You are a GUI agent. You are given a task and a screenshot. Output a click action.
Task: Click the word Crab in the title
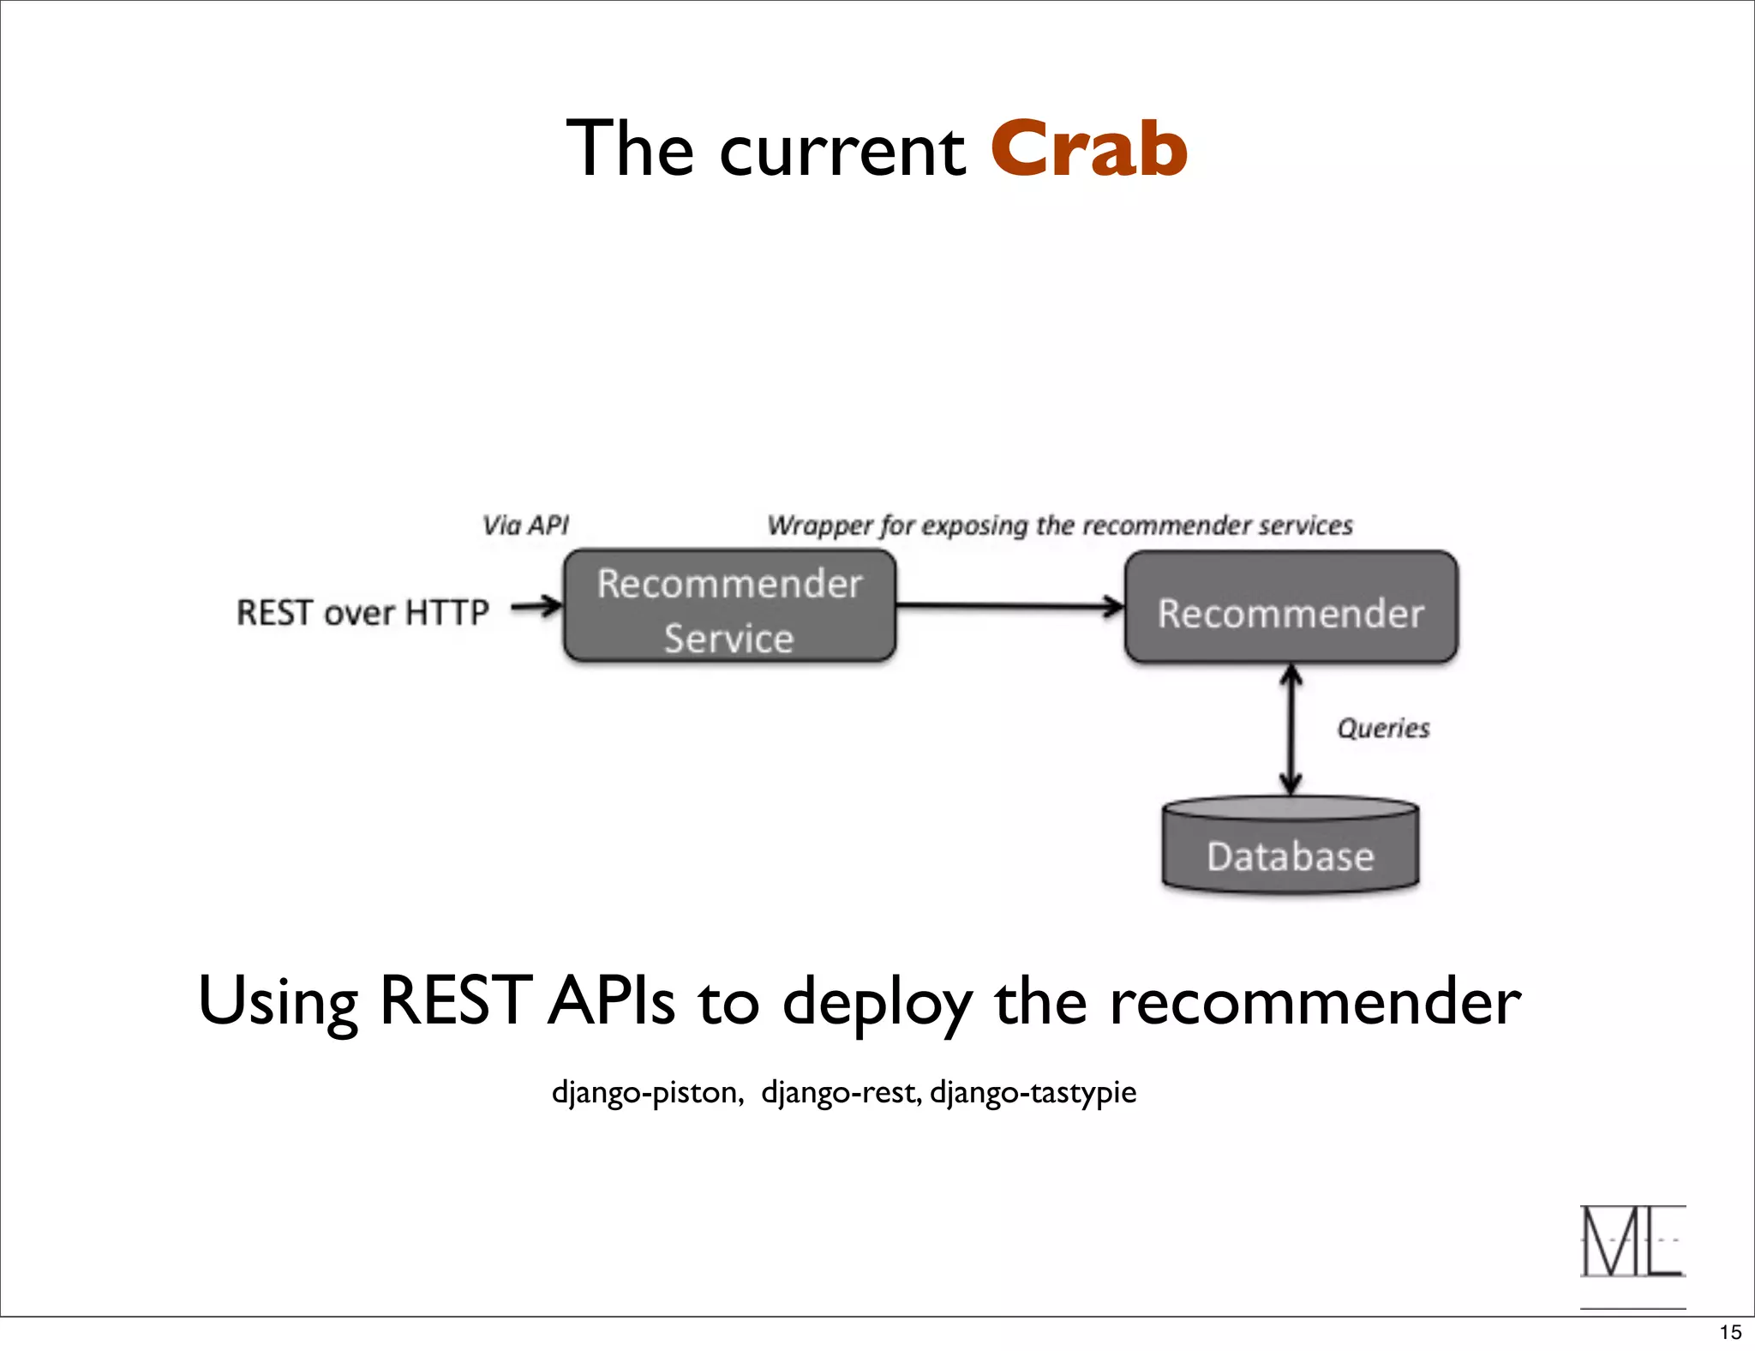point(1088,150)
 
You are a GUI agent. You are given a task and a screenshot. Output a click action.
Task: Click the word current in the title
point(842,153)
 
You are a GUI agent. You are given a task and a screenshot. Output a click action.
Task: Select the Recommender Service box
point(729,607)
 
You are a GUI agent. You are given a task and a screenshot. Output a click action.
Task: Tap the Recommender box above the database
point(1291,608)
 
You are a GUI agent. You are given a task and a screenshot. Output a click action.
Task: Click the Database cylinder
point(1291,849)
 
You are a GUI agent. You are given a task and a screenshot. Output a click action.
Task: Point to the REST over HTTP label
point(362,613)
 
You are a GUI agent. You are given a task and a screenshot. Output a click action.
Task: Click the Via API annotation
point(525,525)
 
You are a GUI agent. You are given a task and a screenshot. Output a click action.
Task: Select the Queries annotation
point(1383,728)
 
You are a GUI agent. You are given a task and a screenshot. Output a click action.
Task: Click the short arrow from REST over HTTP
point(536,607)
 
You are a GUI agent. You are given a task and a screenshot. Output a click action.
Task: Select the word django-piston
point(647,1092)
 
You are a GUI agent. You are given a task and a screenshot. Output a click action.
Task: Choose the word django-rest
point(841,1092)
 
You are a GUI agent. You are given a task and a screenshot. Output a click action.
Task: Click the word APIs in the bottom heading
point(611,1001)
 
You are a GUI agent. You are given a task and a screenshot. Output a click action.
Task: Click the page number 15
point(1730,1332)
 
